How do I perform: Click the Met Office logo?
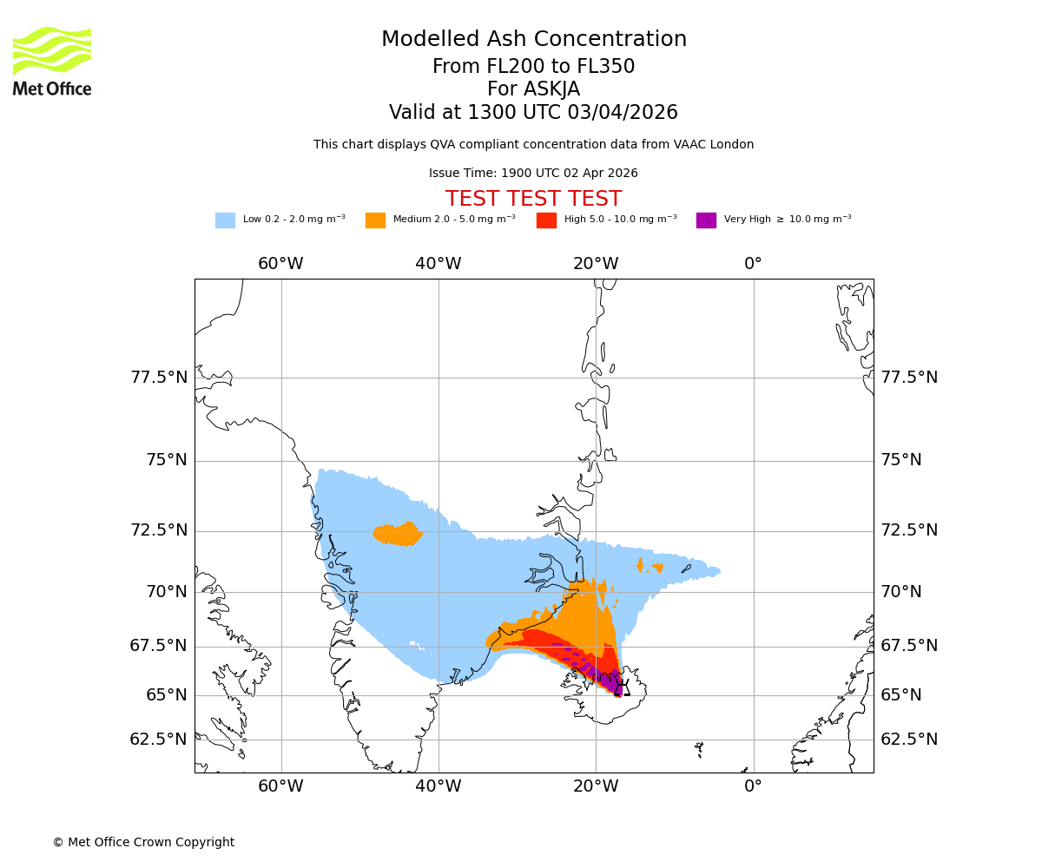coord(52,61)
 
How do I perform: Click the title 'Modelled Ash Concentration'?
coord(533,40)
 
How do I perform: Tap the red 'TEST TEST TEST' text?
coord(533,199)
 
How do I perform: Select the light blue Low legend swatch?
coord(225,220)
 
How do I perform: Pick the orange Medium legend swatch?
coord(375,220)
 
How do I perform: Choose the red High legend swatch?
coord(546,220)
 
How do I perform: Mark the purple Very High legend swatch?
coord(706,220)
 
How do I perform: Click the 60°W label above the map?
coord(280,264)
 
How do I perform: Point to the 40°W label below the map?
coord(438,786)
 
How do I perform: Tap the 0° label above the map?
coord(753,264)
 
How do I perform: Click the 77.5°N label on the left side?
coord(159,378)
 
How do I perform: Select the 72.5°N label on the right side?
coord(909,530)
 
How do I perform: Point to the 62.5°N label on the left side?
coord(159,740)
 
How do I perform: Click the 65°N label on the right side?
coord(901,695)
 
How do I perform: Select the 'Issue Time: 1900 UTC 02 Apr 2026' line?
coord(533,174)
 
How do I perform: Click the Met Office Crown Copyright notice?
coord(143,843)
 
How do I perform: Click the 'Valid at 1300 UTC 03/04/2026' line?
coord(533,113)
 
